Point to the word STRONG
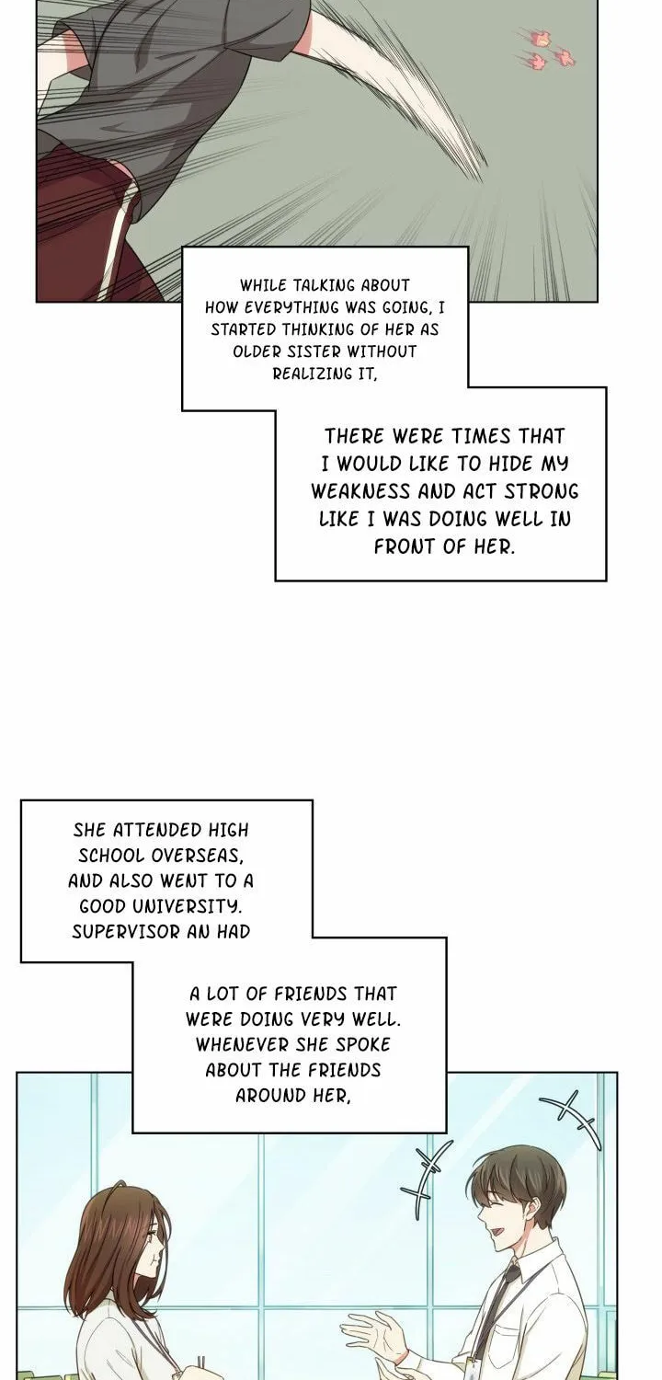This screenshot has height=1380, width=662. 542,491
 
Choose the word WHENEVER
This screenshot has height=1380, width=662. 242,1045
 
